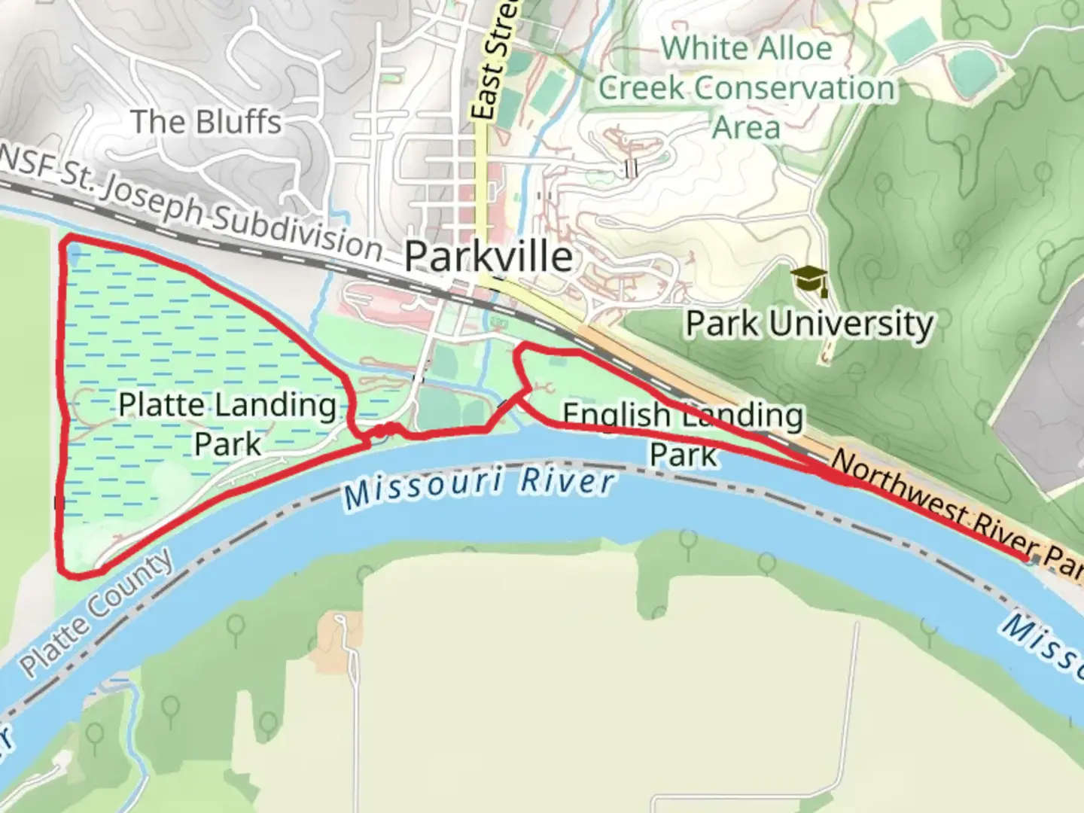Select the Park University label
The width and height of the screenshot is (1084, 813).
tap(809, 324)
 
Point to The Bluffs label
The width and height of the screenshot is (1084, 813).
tap(206, 122)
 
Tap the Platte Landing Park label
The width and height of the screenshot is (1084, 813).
tap(227, 424)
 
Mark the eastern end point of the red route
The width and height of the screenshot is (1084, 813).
tap(1027, 557)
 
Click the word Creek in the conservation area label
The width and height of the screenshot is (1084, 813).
tap(641, 88)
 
